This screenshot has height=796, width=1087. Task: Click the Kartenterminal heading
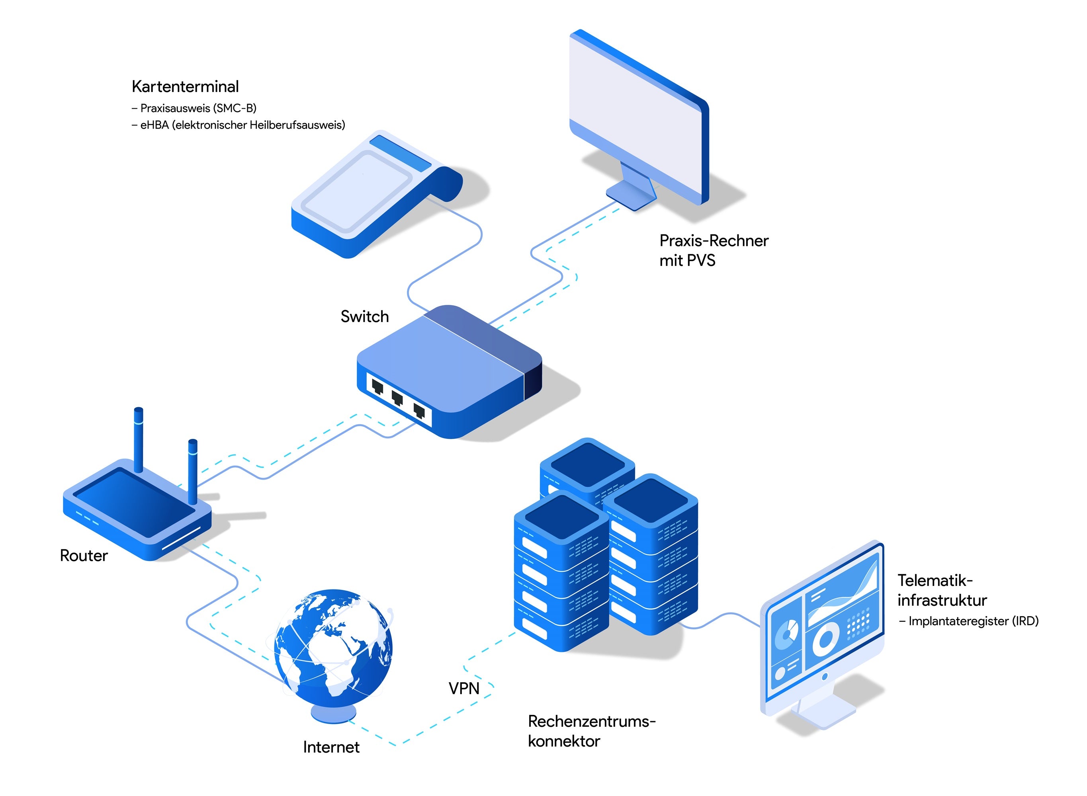(185, 87)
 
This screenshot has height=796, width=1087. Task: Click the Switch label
(364, 316)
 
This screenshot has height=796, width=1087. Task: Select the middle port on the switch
(397, 398)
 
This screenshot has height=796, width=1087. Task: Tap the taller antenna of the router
(138, 439)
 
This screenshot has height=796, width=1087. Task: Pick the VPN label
(464, 689)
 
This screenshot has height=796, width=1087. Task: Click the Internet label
(331, 747)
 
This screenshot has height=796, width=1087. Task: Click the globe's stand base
(333, 713)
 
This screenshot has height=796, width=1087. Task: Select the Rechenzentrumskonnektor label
(591, 731)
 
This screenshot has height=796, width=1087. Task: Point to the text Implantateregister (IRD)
(973, 621)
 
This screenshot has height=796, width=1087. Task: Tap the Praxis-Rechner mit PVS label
(714, 250)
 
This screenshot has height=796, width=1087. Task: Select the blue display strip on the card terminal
(401, 153)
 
